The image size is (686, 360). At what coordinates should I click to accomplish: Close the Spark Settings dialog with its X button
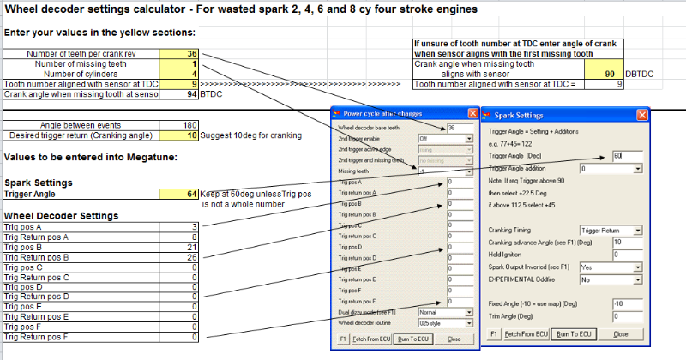[x=641, y=114]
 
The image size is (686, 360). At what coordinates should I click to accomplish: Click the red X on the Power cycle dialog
[x=472, y=114]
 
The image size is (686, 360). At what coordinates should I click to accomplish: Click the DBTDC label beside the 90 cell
[x=640, y=75]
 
